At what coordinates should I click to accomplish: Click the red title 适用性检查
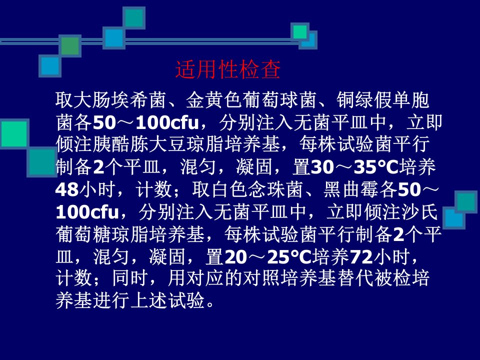[x=228, y=69]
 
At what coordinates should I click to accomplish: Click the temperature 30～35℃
[x=354, y=167]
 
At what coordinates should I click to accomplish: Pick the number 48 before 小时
[x=67, y=189]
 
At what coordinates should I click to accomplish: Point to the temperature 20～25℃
[x=268, y=256]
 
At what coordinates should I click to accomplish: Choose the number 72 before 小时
[x=361, y=256]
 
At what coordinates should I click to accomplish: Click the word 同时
[x=130, y=278]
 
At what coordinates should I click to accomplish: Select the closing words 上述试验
[x=167, y=300]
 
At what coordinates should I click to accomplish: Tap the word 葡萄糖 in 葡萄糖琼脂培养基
[x=83, y=234]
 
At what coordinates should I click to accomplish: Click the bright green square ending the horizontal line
[x=300, y=32]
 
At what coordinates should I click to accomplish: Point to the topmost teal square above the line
[x=134, y=18]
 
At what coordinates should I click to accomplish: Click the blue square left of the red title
[x=50, y=66]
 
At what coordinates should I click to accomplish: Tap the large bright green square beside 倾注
[x=14, y=134]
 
